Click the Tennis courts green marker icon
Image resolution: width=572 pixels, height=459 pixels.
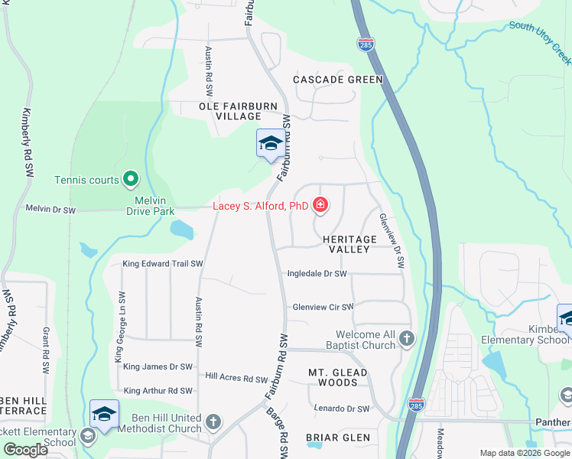[131, 180]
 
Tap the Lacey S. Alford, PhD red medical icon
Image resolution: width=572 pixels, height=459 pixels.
[320, 205]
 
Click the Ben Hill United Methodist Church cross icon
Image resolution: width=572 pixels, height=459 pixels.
[213, 422]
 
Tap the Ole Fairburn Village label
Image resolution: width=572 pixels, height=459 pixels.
[229, 111]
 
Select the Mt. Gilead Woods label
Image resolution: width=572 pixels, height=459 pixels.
[338, 377]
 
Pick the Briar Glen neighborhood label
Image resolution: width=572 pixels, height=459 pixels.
[337, 438]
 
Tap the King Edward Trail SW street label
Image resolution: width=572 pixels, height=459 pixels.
[162, 264]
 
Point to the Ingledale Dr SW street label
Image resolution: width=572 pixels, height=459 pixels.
[317, 273]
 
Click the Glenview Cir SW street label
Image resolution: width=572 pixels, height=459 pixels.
[323, 307]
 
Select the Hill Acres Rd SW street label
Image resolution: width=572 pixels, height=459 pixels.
[237, 378]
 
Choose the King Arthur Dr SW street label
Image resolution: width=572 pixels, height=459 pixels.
[158, 391]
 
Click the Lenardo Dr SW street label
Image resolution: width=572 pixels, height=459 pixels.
[342, 409]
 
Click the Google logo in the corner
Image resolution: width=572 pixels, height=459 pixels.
[25, 450]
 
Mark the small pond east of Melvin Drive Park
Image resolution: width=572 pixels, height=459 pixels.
[182, 229]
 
